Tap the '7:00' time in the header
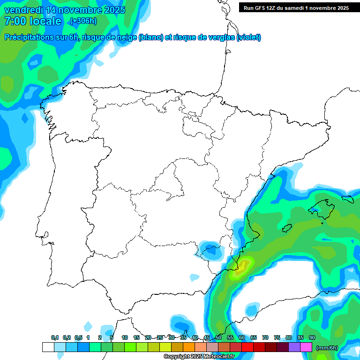14,21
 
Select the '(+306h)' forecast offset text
83,21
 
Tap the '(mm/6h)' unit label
327,348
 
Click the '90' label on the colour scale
312,338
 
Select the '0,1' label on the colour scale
54,338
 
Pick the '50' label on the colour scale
218,338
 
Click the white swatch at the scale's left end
48,347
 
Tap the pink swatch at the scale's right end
306,347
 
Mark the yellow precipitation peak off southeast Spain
242,268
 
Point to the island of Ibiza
287,227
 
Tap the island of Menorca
347,199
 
